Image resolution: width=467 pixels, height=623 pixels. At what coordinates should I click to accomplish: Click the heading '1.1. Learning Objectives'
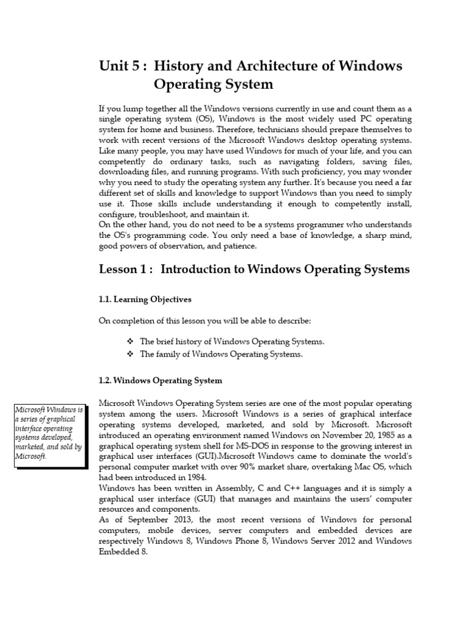coord(145,299)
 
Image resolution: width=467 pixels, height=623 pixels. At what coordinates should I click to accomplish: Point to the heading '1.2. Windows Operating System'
coord(161,380)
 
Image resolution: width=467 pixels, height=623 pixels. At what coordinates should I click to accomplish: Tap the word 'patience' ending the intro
coord(241,246)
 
